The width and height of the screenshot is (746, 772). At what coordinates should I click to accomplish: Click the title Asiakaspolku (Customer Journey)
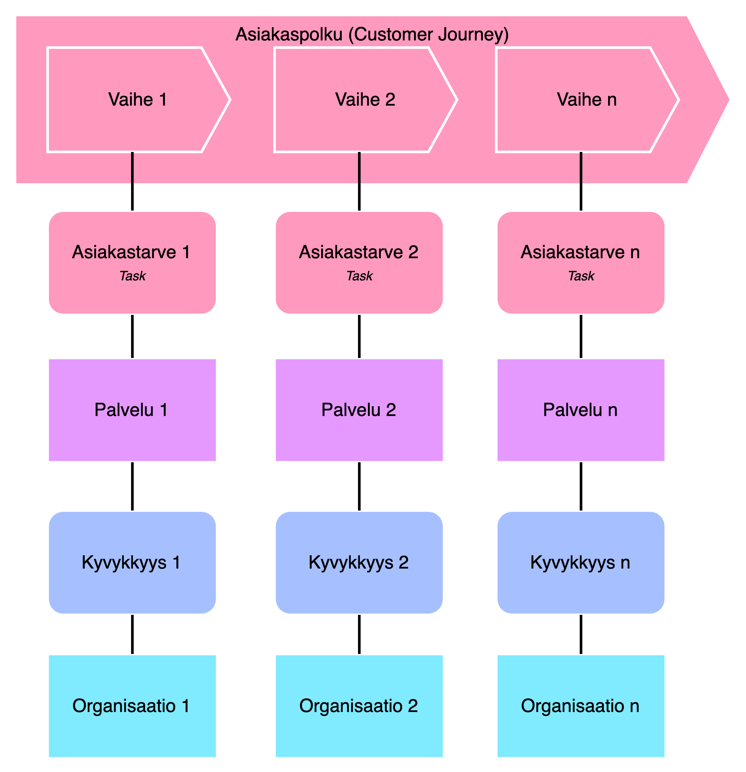click(x=372, y=35)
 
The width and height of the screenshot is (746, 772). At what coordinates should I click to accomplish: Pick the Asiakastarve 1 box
click(x=132, y=262)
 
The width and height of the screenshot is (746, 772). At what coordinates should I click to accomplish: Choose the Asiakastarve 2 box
click(x=359, y=262)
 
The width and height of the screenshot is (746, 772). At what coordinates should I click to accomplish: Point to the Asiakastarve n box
click(x=581, y=262)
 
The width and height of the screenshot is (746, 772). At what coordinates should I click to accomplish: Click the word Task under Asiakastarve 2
click(x=359, y=276)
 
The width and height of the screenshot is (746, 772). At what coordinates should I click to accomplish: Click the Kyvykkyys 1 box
click(x=132, y=562)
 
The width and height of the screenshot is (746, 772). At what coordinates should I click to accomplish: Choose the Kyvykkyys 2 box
click(x=359, y=562)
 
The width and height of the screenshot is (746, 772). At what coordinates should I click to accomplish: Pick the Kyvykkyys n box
click(x=581, y=562)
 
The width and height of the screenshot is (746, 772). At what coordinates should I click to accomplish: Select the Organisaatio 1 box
click(x=132, y=706)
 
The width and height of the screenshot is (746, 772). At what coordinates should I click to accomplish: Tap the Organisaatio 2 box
click(x=359, y=706)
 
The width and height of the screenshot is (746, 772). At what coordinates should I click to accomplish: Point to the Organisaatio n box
click(x=581, y=706)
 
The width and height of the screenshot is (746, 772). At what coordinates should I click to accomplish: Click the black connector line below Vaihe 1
click(x=132, y=169)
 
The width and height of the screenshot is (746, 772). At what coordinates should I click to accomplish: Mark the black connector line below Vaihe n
click(x=581, y=169)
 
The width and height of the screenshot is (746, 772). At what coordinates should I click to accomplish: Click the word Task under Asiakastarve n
click(x=581, y=276)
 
